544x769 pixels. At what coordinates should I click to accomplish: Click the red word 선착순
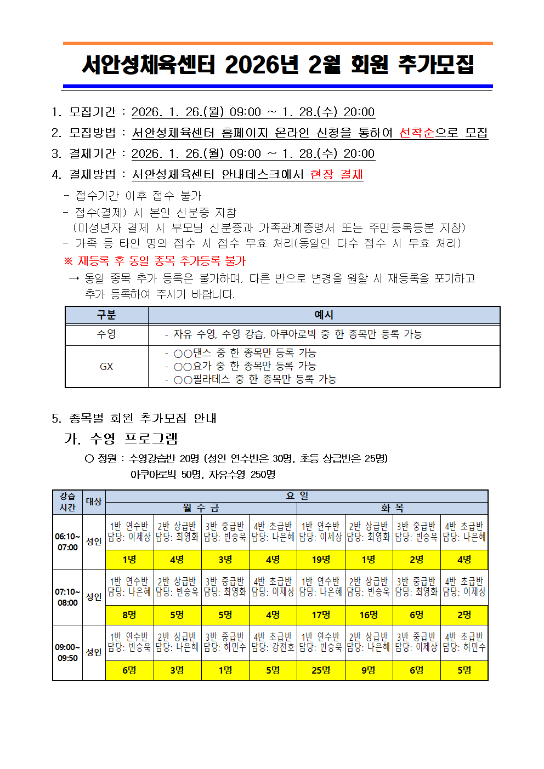416,133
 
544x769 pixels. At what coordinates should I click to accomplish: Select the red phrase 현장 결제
336,174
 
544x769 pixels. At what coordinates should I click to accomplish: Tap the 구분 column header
106,315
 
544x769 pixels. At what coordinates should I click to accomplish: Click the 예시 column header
324,315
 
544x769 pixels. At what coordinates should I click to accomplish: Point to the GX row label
106,366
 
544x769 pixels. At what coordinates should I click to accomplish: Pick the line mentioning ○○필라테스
251,379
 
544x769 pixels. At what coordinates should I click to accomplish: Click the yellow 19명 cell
321,560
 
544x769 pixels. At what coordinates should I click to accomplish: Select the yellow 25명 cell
321,670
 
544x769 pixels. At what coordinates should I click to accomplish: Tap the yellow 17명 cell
321,615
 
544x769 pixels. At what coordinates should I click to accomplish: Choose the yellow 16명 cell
369,615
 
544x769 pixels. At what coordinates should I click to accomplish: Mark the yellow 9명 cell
369,670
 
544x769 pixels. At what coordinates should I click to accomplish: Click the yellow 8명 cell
129,615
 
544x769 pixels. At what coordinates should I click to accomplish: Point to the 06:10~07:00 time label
67,542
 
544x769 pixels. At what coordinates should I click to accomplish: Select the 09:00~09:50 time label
67,653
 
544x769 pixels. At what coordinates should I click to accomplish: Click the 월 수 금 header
201,508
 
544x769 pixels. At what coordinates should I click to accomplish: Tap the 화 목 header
392,508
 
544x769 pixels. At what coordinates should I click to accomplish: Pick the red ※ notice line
155,261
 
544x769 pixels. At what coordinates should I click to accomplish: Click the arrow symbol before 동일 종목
74,278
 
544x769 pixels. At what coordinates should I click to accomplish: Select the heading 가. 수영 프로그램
121,438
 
